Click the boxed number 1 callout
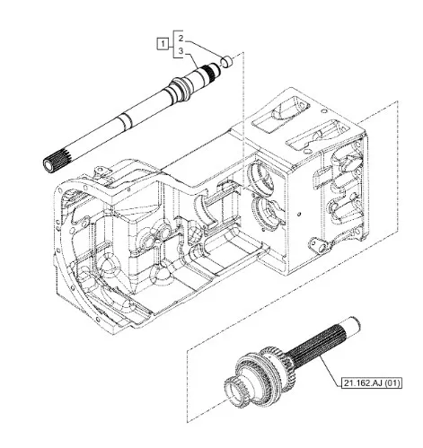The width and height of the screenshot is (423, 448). (163, 44)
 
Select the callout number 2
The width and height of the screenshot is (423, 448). (181, 39)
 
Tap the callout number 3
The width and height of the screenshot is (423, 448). (181, 51)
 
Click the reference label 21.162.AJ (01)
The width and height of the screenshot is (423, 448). (372, 382)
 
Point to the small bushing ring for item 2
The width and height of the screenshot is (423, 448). (227, 60)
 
